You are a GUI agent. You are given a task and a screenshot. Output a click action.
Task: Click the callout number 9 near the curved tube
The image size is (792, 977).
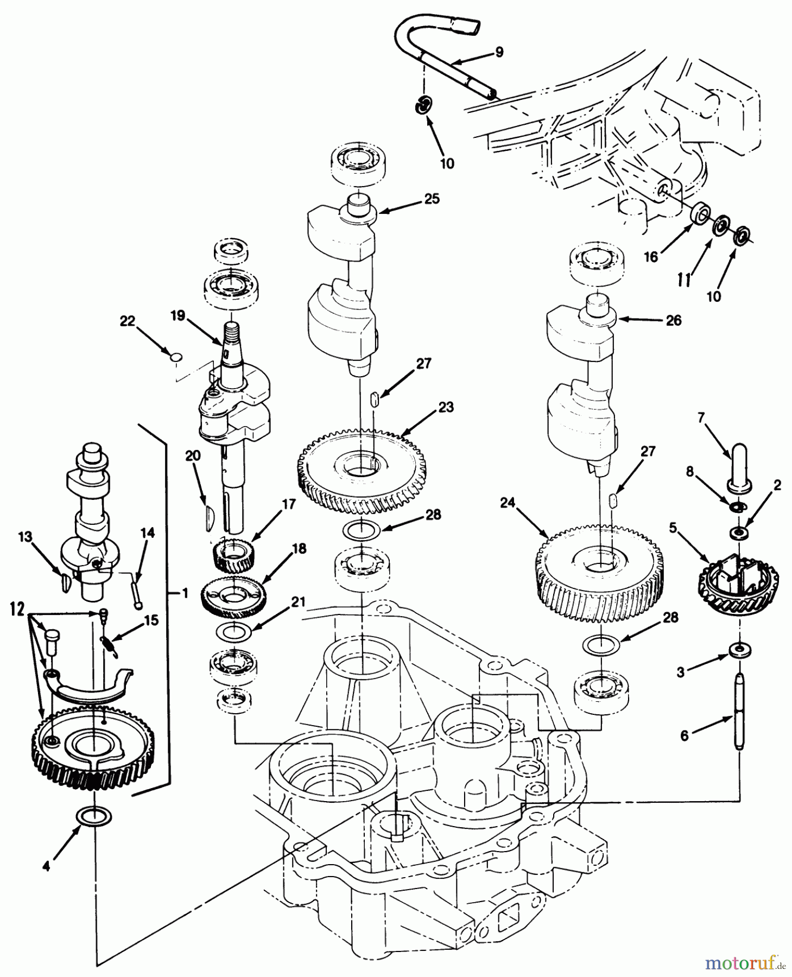pos(499,52)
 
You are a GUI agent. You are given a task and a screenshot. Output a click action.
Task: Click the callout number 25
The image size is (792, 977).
pos(432,199)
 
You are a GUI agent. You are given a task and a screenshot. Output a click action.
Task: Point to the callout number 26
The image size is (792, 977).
pos(673,321)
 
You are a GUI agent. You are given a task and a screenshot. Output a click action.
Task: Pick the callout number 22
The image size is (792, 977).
pos(127,321)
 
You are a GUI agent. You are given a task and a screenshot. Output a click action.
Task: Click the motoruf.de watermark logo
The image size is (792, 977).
pos(745,963)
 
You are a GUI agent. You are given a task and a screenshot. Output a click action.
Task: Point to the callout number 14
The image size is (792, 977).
pos(147,533)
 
